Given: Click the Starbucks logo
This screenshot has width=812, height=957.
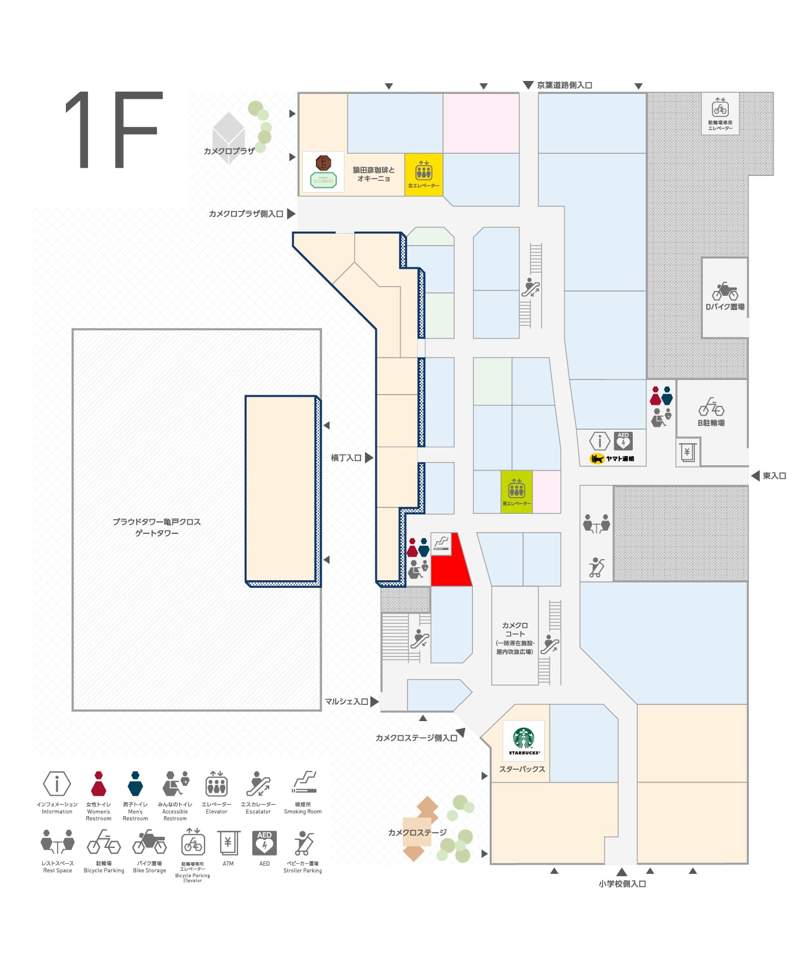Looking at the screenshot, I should coord(523,739).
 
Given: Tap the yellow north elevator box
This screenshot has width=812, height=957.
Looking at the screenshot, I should coord(424,174).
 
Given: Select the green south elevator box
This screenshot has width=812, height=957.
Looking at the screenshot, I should coord(517,491).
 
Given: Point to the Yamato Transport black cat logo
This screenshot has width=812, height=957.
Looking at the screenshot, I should coord(597,459).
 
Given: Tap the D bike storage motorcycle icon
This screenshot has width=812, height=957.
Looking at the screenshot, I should coord(725,292).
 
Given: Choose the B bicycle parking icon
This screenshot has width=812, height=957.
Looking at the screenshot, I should coord(711,407).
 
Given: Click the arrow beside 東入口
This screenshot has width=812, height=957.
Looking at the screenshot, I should coord(755,476).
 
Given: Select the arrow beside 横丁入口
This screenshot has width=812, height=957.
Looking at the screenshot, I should coord(369,458).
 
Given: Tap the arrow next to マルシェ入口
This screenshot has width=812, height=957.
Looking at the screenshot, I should coord(374,702).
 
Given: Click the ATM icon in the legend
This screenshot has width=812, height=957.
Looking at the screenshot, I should coord(228,843).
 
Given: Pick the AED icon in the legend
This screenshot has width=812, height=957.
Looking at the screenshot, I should coord(264,843).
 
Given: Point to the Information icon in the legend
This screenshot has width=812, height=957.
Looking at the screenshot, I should coord(57,783).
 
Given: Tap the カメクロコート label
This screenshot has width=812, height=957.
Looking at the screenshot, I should coord(515,629).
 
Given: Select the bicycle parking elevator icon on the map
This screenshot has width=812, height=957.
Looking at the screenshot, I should coord(720,108).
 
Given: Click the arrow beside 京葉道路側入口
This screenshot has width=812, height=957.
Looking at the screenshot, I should coord(528,85).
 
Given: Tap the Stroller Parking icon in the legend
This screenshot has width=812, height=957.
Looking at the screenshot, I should coord(303,843).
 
